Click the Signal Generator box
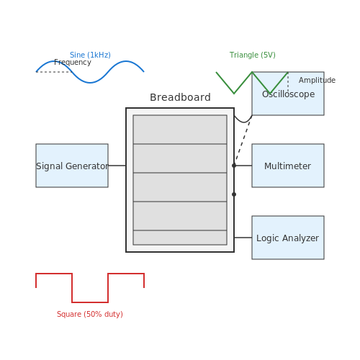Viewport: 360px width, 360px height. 72,166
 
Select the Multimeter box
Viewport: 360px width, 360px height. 288,166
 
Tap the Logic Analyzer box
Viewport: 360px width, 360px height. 288,238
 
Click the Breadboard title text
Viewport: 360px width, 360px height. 180,97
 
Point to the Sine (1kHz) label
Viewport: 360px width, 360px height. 90,55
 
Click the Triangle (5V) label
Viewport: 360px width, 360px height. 253,55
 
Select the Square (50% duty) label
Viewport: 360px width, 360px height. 90,314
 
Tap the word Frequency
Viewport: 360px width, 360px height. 73,63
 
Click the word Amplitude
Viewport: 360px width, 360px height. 317,80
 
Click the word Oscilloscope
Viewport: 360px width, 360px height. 288,94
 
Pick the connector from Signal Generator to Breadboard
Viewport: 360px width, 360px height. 117,166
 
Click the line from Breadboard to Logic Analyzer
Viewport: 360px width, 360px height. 243,238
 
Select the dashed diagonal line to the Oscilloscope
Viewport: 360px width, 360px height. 243,140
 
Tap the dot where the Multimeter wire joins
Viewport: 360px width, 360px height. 234,166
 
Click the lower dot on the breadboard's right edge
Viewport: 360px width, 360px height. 234,194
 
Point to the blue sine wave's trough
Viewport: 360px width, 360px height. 90,83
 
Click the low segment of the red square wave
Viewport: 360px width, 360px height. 90,302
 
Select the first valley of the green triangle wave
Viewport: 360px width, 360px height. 234,93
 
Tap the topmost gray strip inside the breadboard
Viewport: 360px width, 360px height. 180,130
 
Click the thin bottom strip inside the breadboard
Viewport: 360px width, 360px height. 180,238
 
